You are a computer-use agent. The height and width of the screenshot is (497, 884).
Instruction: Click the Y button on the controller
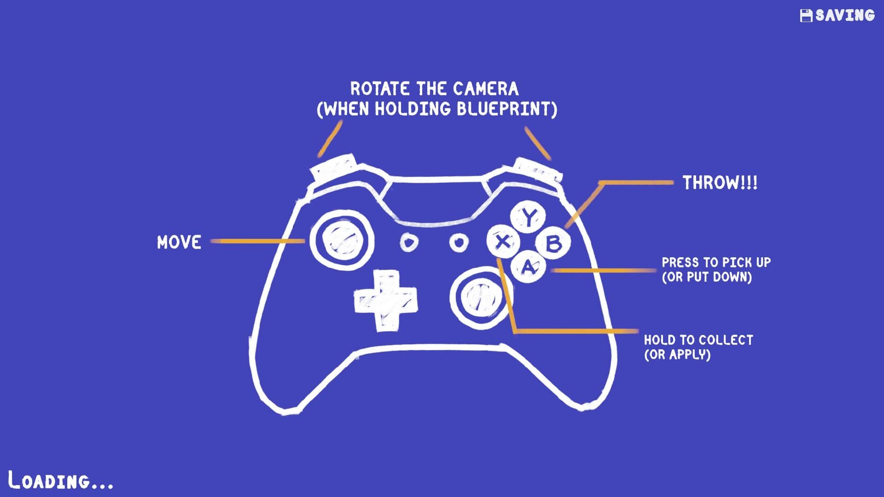(x=529, y=217)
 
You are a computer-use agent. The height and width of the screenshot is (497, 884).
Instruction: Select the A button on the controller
(x=528, y=266)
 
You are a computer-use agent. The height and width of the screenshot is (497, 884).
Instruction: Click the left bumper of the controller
(x=334, y=168)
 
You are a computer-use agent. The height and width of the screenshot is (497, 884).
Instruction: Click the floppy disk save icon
(x=806, y=16)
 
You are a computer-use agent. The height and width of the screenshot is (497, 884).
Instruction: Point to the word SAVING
(x=845, y=16)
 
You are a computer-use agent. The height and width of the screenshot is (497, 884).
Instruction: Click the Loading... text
(x=61, y=480)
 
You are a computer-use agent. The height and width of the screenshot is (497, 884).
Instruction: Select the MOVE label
(x=179, y=242)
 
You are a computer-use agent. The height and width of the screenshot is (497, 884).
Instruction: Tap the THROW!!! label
(x=720, y=183)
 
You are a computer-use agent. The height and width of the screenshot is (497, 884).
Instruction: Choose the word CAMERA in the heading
(x=485, y=88)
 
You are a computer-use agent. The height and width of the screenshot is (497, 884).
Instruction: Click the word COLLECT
(x=727, y=340)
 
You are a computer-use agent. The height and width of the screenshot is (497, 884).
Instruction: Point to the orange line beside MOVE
(x=258, y=241)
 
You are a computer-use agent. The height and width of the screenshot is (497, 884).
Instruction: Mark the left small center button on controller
(x=408, y=242)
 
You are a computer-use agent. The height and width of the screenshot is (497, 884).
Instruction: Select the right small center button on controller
(x=458, y=242)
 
